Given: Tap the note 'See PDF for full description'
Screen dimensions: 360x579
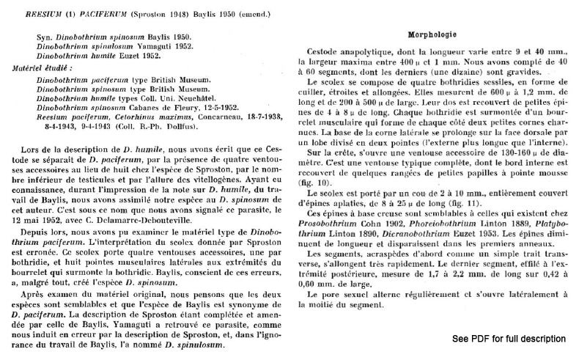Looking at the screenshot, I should (x=509, y=339).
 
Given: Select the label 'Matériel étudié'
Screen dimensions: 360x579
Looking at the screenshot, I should (x=43, y=67).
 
